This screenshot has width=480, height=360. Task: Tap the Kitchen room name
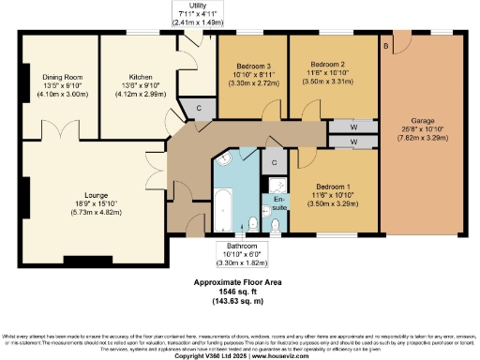coord(140,79)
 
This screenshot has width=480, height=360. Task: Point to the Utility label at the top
coord(197,6)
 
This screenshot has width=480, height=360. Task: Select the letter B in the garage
coord(384,45)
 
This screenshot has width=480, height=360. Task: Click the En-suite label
coord(278,201)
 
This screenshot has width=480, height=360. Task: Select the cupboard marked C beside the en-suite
coord(274,161)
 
